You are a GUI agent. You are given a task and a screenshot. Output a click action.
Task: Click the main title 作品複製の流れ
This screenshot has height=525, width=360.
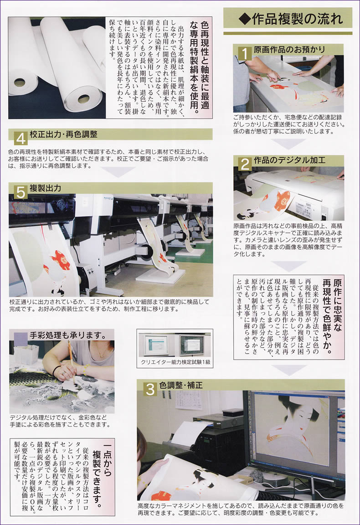point(294,19)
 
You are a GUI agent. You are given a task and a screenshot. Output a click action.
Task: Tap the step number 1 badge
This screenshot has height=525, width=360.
point(245,53)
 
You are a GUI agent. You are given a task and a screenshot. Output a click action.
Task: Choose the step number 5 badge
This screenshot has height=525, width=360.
point(21,192)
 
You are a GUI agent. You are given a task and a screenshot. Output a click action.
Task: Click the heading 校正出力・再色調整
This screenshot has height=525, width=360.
point(63,134)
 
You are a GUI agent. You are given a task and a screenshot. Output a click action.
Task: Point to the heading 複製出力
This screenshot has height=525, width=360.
point(46,188)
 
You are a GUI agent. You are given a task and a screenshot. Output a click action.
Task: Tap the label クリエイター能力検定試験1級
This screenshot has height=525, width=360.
point(175,363)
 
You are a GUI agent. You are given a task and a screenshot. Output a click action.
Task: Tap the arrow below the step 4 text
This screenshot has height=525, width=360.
point(118,172)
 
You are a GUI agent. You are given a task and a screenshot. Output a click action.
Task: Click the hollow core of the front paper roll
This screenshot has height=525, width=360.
point(83,99)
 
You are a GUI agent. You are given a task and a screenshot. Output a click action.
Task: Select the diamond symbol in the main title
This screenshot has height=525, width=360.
point(244,19)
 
